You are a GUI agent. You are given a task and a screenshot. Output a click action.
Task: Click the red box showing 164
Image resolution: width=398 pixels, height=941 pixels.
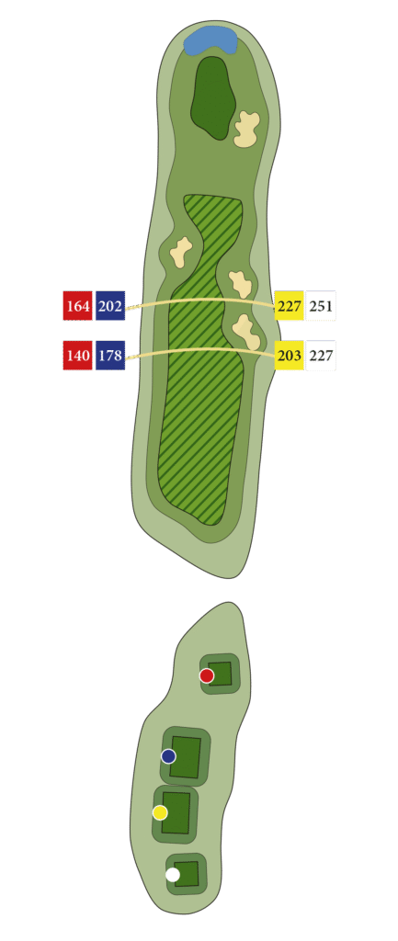(78, 306)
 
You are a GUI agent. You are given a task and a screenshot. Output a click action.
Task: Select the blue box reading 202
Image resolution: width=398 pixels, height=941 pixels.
(110, 306)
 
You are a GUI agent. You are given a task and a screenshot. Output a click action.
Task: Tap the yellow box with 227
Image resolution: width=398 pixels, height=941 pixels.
(290, 306)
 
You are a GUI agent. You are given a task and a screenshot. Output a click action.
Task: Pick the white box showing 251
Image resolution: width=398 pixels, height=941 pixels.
(321, 306)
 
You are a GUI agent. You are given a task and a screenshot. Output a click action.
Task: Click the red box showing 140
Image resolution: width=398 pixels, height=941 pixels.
(78, 356)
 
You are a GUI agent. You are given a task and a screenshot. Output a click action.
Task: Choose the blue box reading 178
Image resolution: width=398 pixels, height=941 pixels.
(110, 356)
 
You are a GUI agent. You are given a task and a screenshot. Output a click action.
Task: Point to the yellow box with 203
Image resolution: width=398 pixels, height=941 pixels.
(290, 356)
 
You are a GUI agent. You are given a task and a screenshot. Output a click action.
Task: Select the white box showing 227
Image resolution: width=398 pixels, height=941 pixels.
(321, 356)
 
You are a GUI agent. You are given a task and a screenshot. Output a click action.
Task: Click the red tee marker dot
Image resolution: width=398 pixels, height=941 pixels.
(207, 675)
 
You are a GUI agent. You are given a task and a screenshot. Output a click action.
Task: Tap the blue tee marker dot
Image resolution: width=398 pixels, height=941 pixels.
(169, 756)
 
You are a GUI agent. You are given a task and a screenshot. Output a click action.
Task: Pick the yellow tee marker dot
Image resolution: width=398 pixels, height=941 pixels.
(160, 812)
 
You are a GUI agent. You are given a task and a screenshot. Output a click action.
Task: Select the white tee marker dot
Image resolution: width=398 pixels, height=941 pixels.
(172, 875)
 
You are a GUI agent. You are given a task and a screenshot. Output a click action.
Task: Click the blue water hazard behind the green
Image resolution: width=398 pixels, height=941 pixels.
(210, 40)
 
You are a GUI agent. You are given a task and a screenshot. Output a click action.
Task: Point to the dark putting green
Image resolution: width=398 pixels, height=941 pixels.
(212, 97)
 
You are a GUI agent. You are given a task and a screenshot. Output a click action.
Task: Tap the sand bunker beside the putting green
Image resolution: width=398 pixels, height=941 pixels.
(246, 129)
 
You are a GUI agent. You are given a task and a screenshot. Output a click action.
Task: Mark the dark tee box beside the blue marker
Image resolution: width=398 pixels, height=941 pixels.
(186, 757)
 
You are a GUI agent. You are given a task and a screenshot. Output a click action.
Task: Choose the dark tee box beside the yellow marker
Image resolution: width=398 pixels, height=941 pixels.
(176, 812)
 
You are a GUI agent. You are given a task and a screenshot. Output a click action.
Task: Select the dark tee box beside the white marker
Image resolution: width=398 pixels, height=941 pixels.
(187, 874)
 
